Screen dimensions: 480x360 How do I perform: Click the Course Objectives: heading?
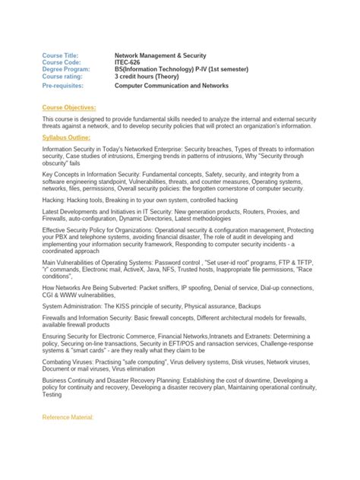69,108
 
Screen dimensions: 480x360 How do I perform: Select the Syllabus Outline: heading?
67,137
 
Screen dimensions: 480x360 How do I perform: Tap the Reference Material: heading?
68,418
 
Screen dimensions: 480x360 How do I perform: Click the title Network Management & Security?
160,55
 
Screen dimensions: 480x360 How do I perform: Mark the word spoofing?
204,288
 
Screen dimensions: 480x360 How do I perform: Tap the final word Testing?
53,395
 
